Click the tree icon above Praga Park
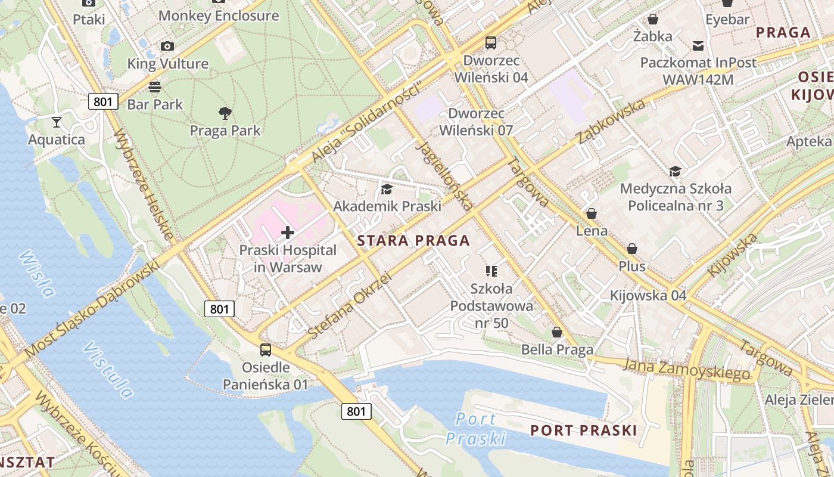pyautogui.click(x=225, y=113)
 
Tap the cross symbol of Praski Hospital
pyautogui.click(x=288, y=232)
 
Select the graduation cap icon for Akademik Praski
pyautogui.click(x=387, y=189)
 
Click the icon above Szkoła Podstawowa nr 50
pyautogui.click(x=491, y=271)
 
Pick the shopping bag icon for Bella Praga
pyautogui.click(x=557, y=332)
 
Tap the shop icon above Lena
pyautogui.click(x=592, y=213)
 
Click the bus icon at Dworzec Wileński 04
pyautogui.click(x=491, y=43)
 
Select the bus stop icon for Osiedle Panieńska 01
pyautogui.click(x=266, y=350)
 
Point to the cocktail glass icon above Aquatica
pyautogui.click(x=57, y=122)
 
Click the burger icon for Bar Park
pyautogui.click(x=155, y=87)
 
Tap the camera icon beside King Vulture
pyautogui.click(x=167, y=47)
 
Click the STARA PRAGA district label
pyautogui.click(x=413, y=241)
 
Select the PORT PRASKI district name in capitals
pyautogui.click(x=583, y=430)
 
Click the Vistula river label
pyautogui.click(x=108, y=370)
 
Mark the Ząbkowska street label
pyautogui.click(x=611, y=122)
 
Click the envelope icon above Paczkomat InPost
pyautogui.click(x=698, y=45)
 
